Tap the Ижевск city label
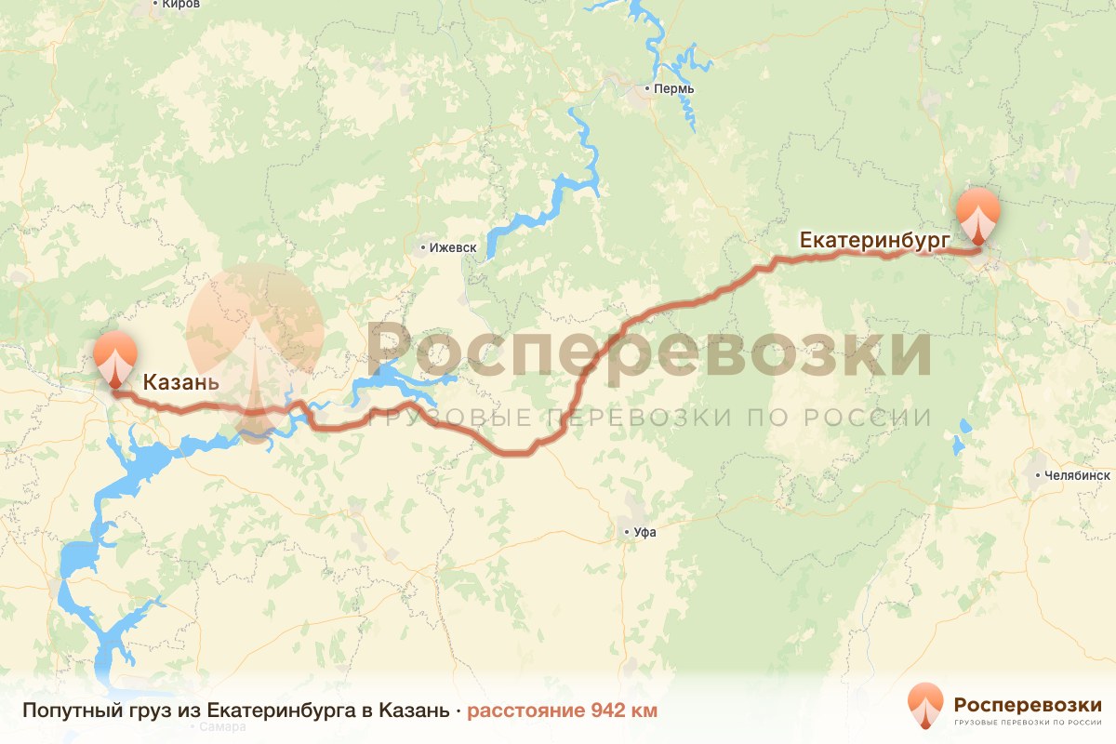coord(453,248)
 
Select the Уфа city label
coord(644,533)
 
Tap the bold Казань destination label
coord(180,382)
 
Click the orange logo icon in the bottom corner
coord(925,704)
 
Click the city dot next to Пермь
coord(648,89)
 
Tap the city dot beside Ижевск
coord(423,248)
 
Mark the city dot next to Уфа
coord(627,533)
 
